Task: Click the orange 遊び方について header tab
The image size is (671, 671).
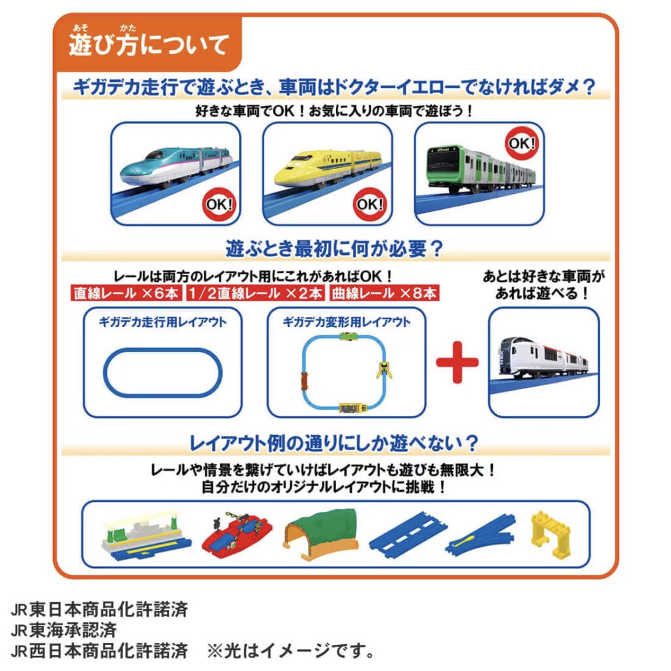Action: (149, 45)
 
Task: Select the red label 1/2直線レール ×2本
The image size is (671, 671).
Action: (256, 293)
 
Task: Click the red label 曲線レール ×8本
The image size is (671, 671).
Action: (384, 293)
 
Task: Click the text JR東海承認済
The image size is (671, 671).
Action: (64, 631)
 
